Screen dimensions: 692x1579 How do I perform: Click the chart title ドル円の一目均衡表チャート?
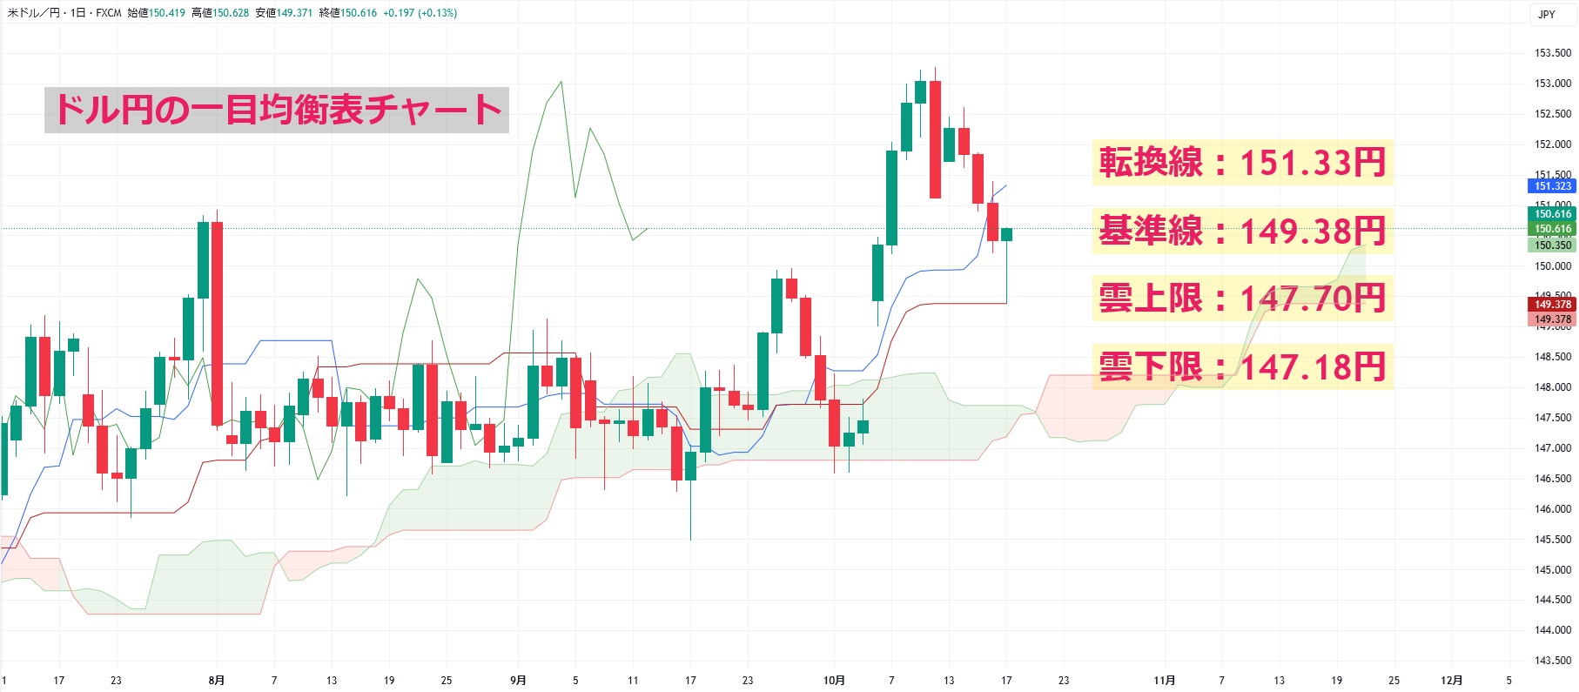click(x=277, y=110)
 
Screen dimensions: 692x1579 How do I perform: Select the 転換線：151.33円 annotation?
click(x=1242, y=163)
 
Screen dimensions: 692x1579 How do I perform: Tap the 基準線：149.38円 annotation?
click(x=1242, y=232)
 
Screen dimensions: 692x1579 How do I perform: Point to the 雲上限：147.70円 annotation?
click(x=1242, y=299)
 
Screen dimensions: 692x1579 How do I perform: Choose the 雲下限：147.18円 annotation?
click(x=1242, y=366)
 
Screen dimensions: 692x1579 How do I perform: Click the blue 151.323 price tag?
click(x=1552, y=186)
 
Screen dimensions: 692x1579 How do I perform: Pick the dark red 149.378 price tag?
click(x=1552, y=305)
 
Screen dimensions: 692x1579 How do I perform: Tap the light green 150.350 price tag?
click(x=1552, y=245)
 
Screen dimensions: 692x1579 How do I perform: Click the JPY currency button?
click(x=1546, y=14)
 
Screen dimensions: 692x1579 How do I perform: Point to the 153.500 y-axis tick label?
click(x=1552, y=53)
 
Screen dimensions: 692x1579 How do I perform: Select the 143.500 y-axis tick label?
click(x=1552, y=661)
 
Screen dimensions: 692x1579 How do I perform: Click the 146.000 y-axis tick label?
click(x=1552, y=509)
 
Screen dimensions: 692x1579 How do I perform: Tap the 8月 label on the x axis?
click(x=217, y=681)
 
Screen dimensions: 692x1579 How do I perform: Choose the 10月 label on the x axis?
click(x=834, y=681)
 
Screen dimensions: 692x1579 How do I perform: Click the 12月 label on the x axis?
click(x=1451, y=681)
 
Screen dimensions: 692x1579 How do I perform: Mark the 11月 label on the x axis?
click(x=1164, y=681)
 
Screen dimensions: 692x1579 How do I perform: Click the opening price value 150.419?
click(x=167, y=13)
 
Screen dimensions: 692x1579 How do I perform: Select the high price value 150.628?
click(x=231, y=13)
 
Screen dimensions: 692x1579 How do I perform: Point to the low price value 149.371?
click(x=294, y=13)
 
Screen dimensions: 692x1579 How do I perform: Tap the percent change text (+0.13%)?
click(x=438, y=13)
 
